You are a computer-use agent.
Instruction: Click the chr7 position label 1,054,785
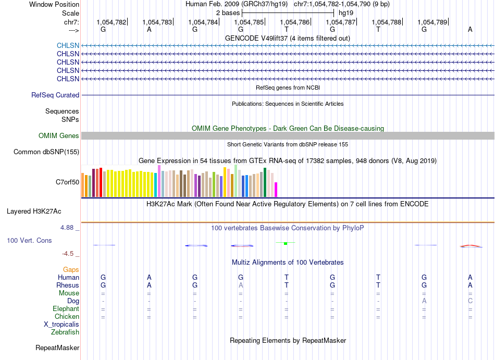point(249,22)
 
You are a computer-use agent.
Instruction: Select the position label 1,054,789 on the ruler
point(432,22)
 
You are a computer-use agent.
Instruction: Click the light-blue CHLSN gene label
point(68,45)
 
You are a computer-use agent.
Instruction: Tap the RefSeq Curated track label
point(55,95)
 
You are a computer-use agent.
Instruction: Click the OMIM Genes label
point(59,135)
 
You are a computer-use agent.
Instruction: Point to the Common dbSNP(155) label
point(46,152)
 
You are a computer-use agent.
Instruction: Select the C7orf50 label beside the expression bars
point(68,182)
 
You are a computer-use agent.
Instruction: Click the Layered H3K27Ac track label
point(34,212)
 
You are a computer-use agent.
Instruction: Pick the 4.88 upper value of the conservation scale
point(67,228)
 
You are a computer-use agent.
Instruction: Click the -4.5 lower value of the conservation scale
point(68,254)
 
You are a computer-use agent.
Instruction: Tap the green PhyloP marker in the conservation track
point(286,243)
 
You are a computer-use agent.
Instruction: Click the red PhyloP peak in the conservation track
point(471,246)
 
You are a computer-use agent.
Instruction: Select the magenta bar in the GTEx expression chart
point(276,190)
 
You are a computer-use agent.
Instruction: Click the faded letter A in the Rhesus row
point(241,285)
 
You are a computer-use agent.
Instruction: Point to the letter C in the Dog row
point(470,301)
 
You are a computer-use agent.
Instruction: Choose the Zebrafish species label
point(65,332)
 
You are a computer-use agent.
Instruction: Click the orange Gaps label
point(71,269)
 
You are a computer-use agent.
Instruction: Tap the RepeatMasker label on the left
point(57,347)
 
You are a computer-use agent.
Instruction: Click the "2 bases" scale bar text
point(228,13)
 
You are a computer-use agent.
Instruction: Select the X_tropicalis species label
point(61,325)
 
